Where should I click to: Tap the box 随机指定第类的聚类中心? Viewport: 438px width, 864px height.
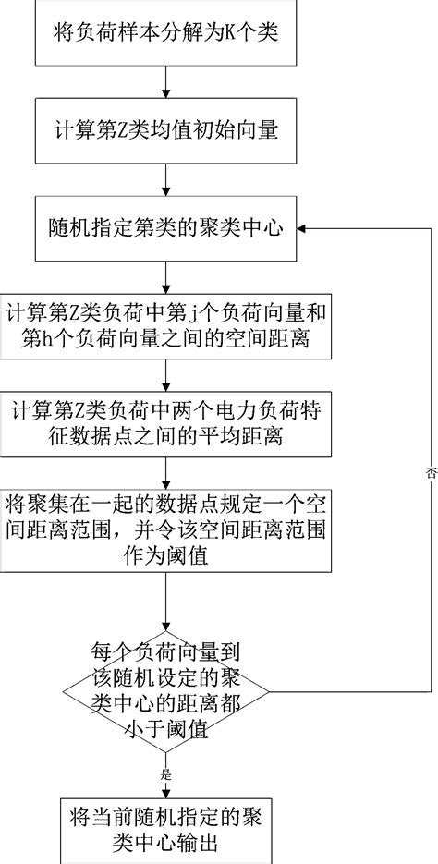pos(165,225)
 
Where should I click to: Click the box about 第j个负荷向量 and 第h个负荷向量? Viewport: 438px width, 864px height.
pos(165,325)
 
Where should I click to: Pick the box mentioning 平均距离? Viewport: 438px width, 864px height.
pos(165,421)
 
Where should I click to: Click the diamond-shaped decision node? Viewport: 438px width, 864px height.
pos(165,691)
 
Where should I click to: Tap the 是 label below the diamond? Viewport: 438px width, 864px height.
pos(166,775)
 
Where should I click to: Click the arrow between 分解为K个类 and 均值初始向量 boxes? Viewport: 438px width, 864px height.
pos(165,87)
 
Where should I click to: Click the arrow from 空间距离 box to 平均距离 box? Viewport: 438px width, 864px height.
pos(165,373)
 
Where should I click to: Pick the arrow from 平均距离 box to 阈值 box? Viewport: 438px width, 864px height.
pos(165,469)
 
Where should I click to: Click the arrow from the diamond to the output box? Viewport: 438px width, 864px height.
pos(165,776)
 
